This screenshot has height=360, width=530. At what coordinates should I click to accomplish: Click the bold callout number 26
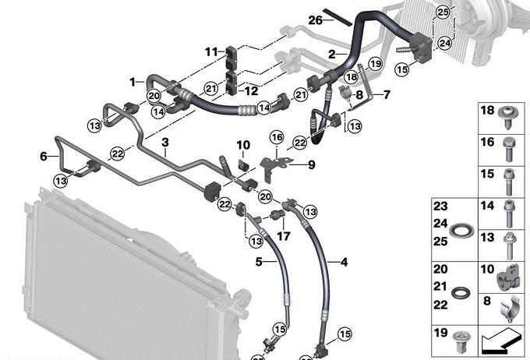[x=315, y=20]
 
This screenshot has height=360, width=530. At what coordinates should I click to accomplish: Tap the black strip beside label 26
[x=338, y=17]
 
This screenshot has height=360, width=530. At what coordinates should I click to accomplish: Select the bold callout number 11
[x=211, y=52]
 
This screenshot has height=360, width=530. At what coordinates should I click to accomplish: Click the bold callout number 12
[x=252, y=91]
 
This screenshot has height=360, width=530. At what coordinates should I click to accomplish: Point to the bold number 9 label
[x=311, y=164]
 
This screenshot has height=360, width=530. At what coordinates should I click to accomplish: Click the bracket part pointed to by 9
[x=273, y=168]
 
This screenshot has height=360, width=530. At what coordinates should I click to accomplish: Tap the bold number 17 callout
[x=283, y=235]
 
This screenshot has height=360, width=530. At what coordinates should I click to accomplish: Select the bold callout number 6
[x=44, y=156]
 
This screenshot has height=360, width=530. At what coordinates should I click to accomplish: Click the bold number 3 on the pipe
[x=165, y=143]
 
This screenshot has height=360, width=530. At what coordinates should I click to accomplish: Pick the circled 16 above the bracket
[x=277, y=137]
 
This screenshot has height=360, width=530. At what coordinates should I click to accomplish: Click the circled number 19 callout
[x=375, y=64]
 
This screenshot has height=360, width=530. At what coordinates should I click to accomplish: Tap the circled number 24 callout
[x=444, y=44]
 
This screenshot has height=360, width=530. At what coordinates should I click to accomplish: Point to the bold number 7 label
[x=387, y=94]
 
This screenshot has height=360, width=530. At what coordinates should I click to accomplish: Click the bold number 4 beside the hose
[x=344, y=262]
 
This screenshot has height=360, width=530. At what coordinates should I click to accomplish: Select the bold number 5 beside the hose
[x=259, y=262]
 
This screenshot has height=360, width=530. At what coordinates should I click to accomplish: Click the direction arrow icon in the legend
[x=502, y=341]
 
